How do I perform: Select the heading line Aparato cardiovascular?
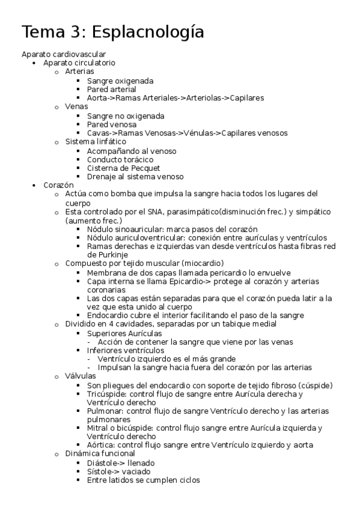(63, 54)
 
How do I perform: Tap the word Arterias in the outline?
(79, 72)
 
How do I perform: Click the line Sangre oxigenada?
(120, 81)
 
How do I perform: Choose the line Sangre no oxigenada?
(126, 115)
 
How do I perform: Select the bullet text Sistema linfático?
(96, 141)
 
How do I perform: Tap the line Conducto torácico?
(120, 159)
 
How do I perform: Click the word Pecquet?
(146, 168)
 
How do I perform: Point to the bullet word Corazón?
(58, 185)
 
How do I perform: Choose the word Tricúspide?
(106, 394)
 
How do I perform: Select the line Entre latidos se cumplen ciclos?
(143, 480)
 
